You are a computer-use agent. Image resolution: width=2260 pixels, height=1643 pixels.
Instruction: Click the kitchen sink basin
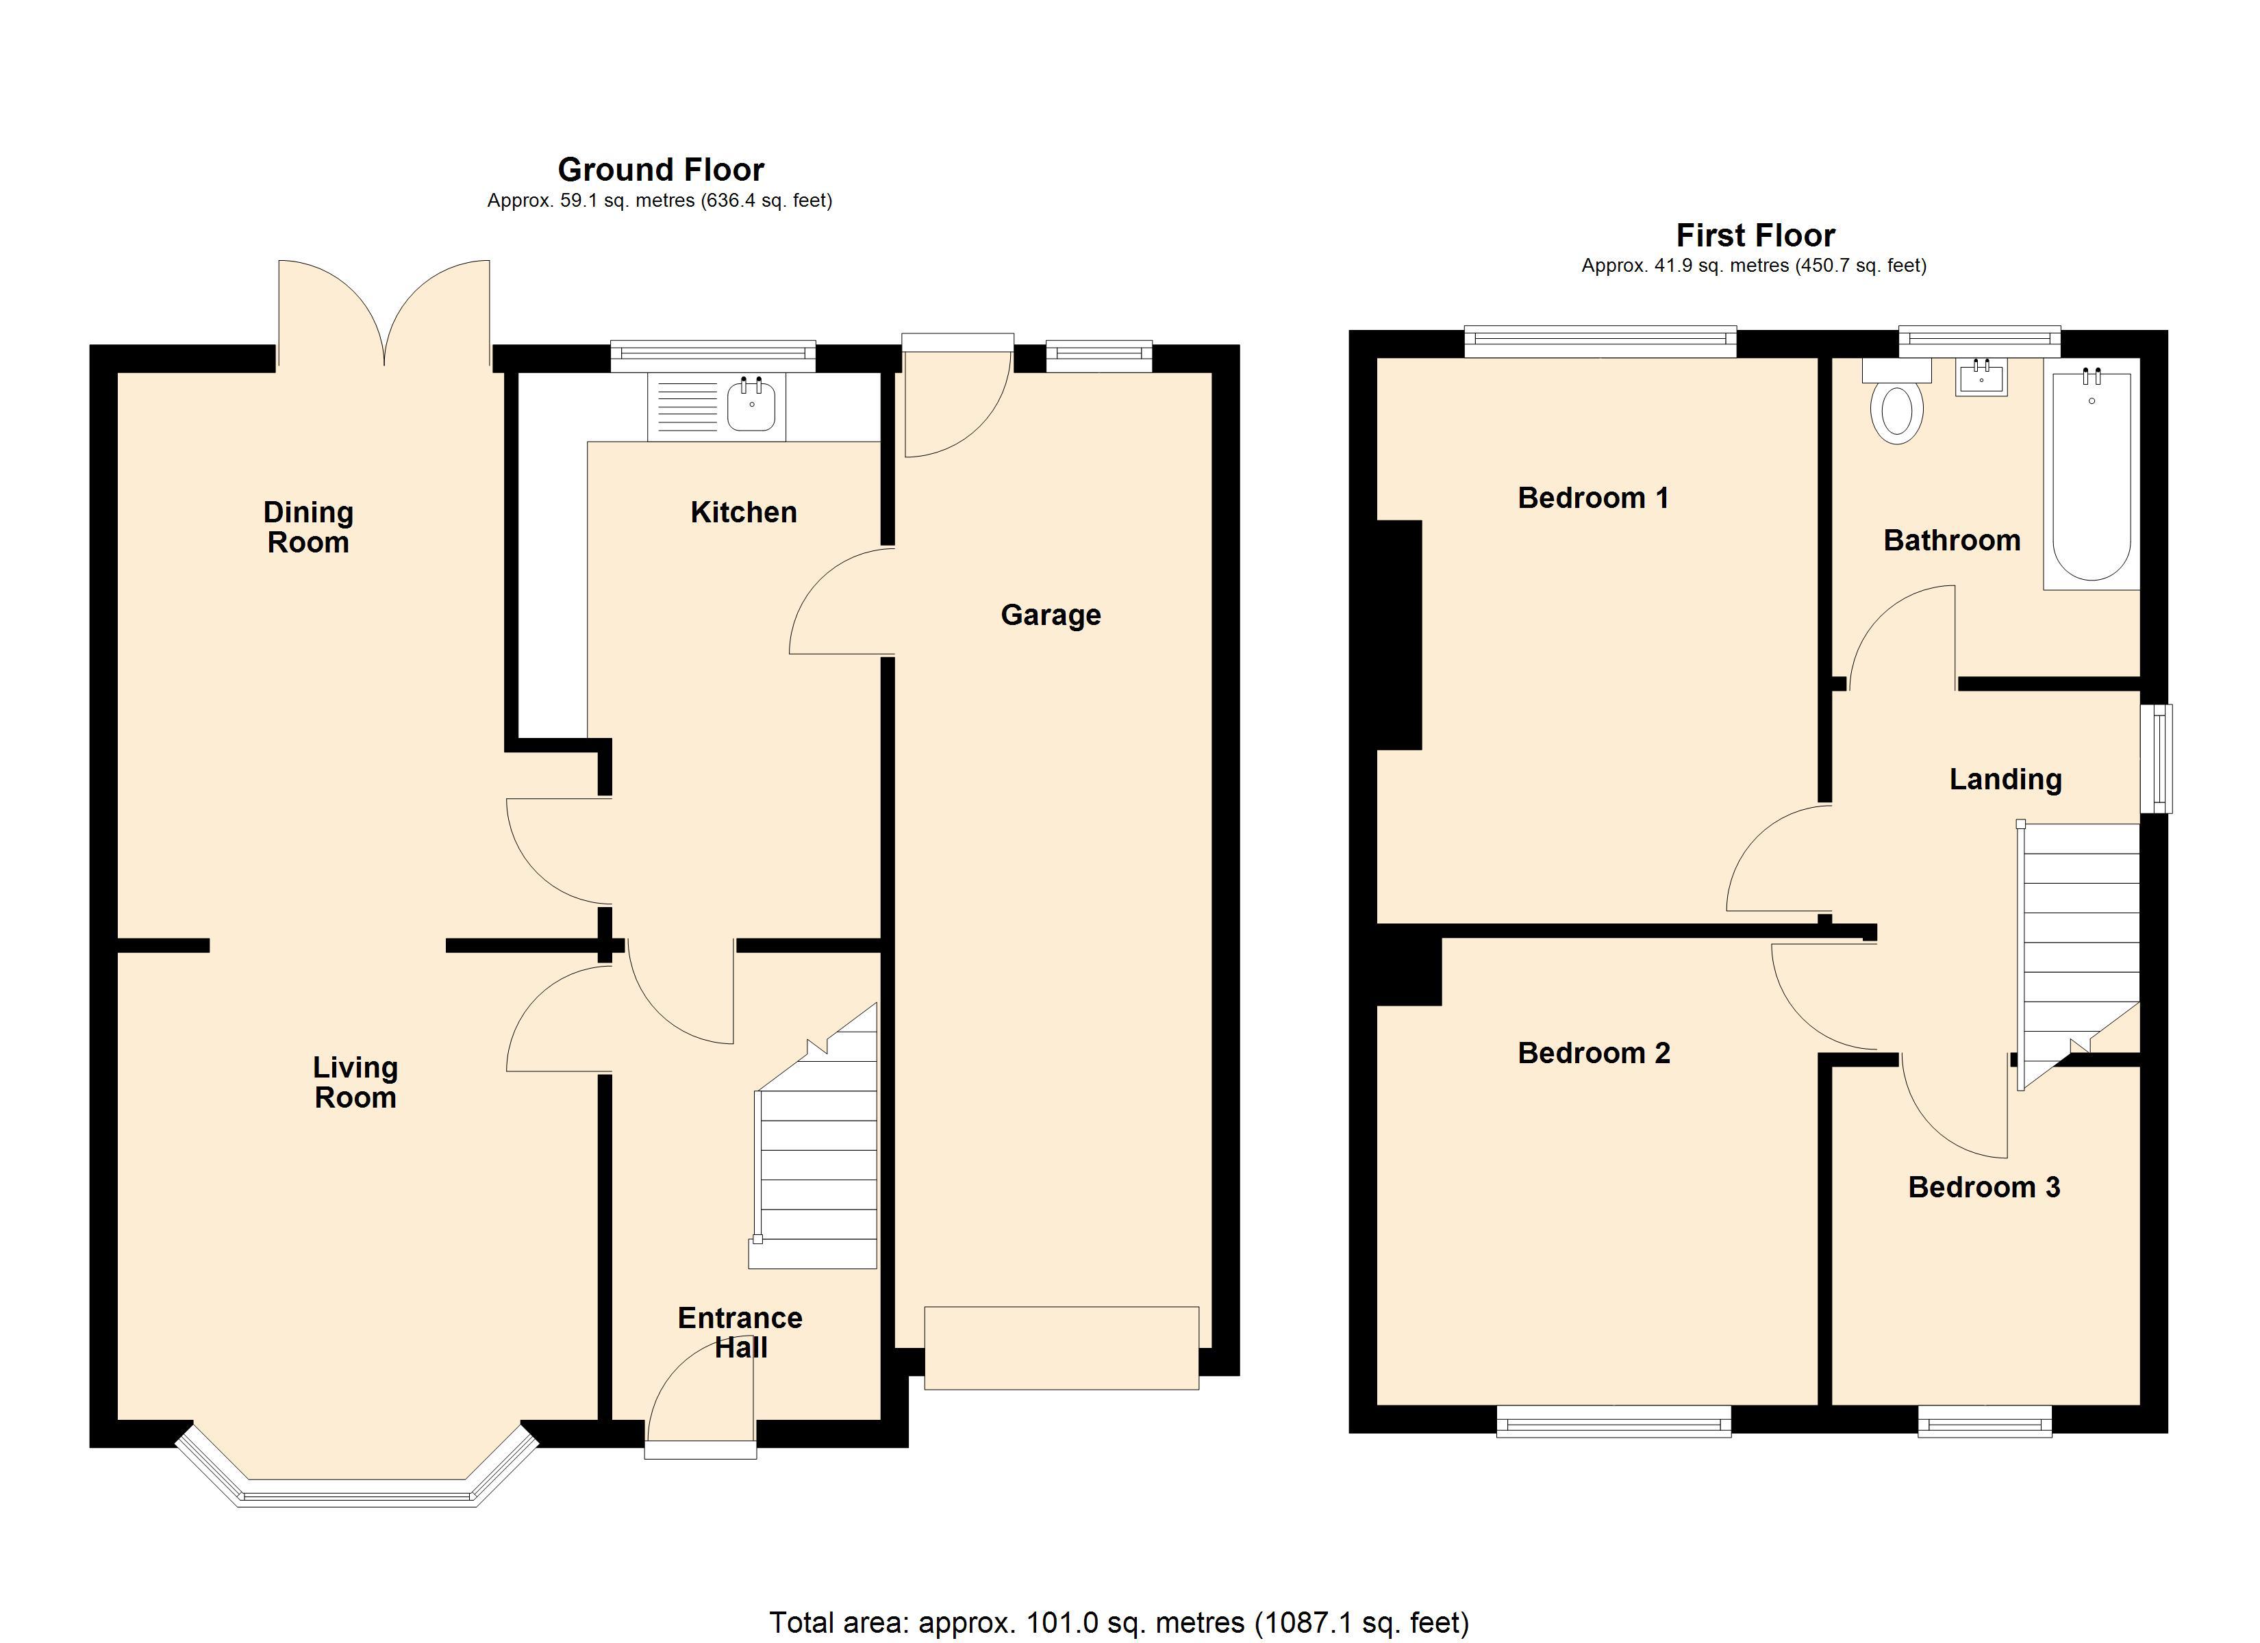pyautogui.click(x=751, y=405)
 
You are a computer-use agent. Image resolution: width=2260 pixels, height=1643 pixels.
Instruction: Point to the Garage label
pyautogui.click(x=1051, y=615)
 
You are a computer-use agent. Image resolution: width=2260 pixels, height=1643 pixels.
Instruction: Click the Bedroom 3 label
pyautogui.click(x=1983, y=1186)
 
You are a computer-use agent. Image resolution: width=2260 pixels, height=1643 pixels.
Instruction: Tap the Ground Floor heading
pyautogui.click(x=661, y=169)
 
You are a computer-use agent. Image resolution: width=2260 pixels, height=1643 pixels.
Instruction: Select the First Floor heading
pyautogui.click(x=1755, y=235)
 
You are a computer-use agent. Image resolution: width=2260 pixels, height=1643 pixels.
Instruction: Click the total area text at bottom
pyautogui.click(x=1118, y=1622)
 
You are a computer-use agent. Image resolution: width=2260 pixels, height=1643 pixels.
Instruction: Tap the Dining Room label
pyautogui.click(x=308, y=527)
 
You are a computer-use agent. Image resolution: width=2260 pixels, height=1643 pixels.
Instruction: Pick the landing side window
pyautogui.click(x=2159, y=759)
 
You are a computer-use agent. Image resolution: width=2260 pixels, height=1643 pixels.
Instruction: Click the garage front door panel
pyautogui.click(x=1062, y=1347)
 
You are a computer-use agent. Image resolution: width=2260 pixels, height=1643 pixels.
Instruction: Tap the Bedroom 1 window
pyautogui.click(x=1600, y=342)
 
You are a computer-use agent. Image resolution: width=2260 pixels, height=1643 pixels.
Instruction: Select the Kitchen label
pyautogui.click(x=743, y=512)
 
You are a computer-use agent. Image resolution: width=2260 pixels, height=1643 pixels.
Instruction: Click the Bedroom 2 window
pyautogui.click(x=1614, y=1421)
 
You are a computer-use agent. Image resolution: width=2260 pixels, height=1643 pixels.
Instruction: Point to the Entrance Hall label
pyautogui.click(x=740, y=1332)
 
